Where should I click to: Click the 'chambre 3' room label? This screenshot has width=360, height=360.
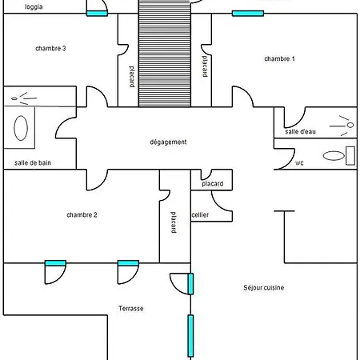coord(50,48)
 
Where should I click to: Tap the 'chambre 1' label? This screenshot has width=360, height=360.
coord(279,58)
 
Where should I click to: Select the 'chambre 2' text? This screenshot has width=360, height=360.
coord(82,214)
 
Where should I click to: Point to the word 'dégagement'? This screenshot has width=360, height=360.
coord(168,142)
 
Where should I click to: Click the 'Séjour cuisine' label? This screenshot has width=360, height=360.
coord(263,287)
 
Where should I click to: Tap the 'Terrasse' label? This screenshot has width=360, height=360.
coord(131,309)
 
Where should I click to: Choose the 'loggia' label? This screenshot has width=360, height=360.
coord(34,7)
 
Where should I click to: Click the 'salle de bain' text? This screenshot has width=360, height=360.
coord(33,162)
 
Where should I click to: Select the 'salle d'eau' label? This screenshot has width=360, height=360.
coord(300,131)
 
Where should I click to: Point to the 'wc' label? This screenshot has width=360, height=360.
coord(299,163)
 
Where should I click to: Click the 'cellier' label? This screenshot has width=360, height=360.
coord(200,214)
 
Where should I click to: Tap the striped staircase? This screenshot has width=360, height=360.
coord(165,54)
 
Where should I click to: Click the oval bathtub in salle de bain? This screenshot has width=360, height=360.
coord(21,128)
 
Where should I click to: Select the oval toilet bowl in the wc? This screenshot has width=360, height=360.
coord(334,156)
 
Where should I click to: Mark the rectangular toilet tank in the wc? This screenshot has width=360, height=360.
coord(350,156)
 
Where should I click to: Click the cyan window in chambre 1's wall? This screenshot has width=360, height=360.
coord(248,14)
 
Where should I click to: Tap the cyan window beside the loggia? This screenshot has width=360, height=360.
coord(97,14)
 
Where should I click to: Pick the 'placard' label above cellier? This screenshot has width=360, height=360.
coord(213,184)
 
